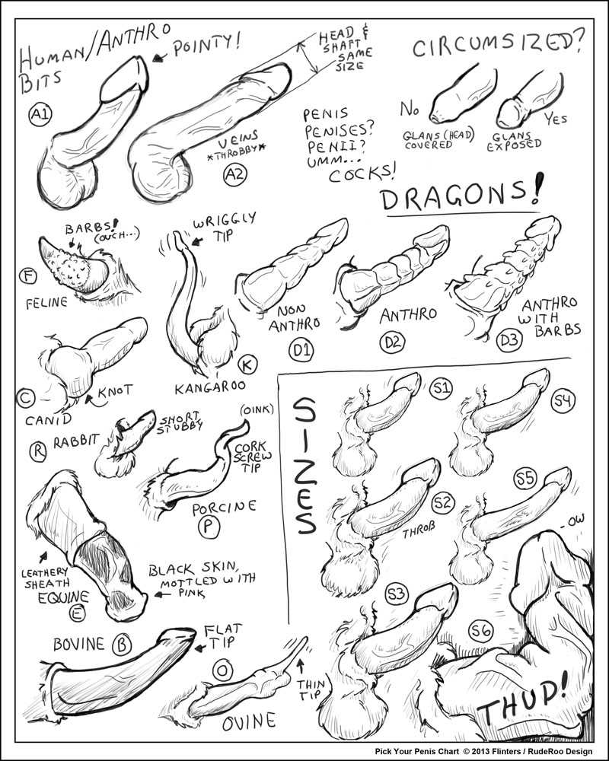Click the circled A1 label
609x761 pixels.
pos(40,115)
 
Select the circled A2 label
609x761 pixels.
pos(235,174)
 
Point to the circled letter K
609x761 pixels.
pos(247,364)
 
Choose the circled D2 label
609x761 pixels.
pos(392,342)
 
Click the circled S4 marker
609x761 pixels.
pos(563,401)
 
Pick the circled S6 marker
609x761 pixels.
pos(481,632)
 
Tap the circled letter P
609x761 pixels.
pos(209,527)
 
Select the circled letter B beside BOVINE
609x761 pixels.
pos(121,645)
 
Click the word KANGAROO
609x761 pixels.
pos(210,387)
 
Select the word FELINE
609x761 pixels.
pos(46,304)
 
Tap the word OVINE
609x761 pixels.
pos(249,722)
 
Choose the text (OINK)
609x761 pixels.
pos(257,410)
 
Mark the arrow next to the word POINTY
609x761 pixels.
pos(159,58)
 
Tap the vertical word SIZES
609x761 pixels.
pos(305,466)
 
